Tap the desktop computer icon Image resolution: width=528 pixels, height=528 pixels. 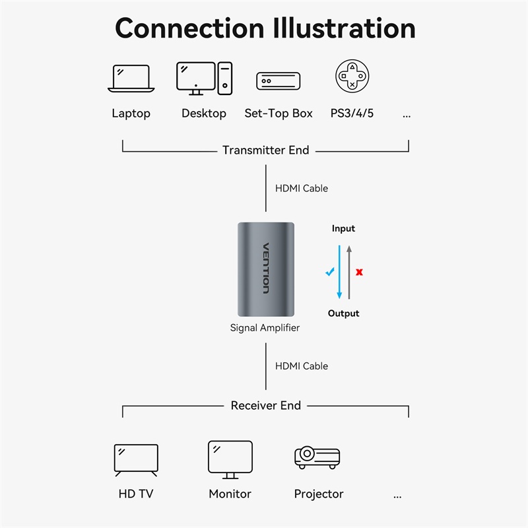(204, 79)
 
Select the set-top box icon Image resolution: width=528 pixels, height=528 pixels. (278, 81)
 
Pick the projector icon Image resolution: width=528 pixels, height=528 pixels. (317, 457)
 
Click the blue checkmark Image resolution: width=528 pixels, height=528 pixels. (330, 271)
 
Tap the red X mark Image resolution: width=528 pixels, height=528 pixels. (359, 272)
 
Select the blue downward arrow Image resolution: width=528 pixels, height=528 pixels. (339, 272)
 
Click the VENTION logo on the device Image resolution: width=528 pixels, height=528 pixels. (266, 269)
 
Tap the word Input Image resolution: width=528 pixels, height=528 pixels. (343, 228)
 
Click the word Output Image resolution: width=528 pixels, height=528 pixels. (343, 313)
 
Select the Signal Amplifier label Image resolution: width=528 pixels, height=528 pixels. (265, 327)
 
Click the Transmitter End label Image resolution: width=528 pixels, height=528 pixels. (265, 150)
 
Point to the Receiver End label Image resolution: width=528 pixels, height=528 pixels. (265, 405)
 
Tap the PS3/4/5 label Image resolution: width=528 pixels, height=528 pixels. (352, 114)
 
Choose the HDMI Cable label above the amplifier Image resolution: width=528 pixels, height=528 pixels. (301, 189)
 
